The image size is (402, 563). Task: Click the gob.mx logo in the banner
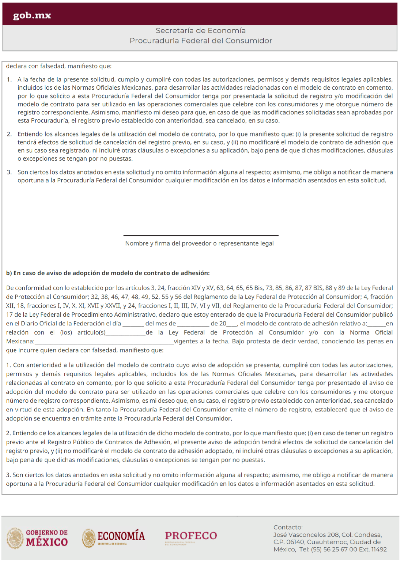coord(32,15)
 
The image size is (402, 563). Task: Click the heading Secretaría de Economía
coord(201,30)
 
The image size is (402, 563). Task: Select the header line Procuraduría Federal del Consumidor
coord(201,41)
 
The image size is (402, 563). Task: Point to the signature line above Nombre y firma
coord(201,235)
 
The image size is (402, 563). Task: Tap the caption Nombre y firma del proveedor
coord(199,243)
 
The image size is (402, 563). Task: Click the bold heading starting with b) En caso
coord(108,273)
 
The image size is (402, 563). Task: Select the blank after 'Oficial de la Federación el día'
coord(133,325)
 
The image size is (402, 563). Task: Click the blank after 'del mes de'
coord(193,325)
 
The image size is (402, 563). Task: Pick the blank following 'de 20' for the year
coord(232,325)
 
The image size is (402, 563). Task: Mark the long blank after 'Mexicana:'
coord(104,343)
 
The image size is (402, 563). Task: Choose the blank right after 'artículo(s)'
coord(126,334)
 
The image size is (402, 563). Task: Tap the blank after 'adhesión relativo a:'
coord(376,325)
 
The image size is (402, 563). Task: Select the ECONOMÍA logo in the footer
coord(114,538)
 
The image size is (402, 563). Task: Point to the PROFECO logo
coord(191,536)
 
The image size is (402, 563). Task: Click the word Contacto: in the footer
coord(288,527)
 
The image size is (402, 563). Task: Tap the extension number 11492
coord(379,549)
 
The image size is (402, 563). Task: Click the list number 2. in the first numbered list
coord(9,134)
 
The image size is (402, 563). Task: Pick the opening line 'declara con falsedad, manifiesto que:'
coord(59,66)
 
